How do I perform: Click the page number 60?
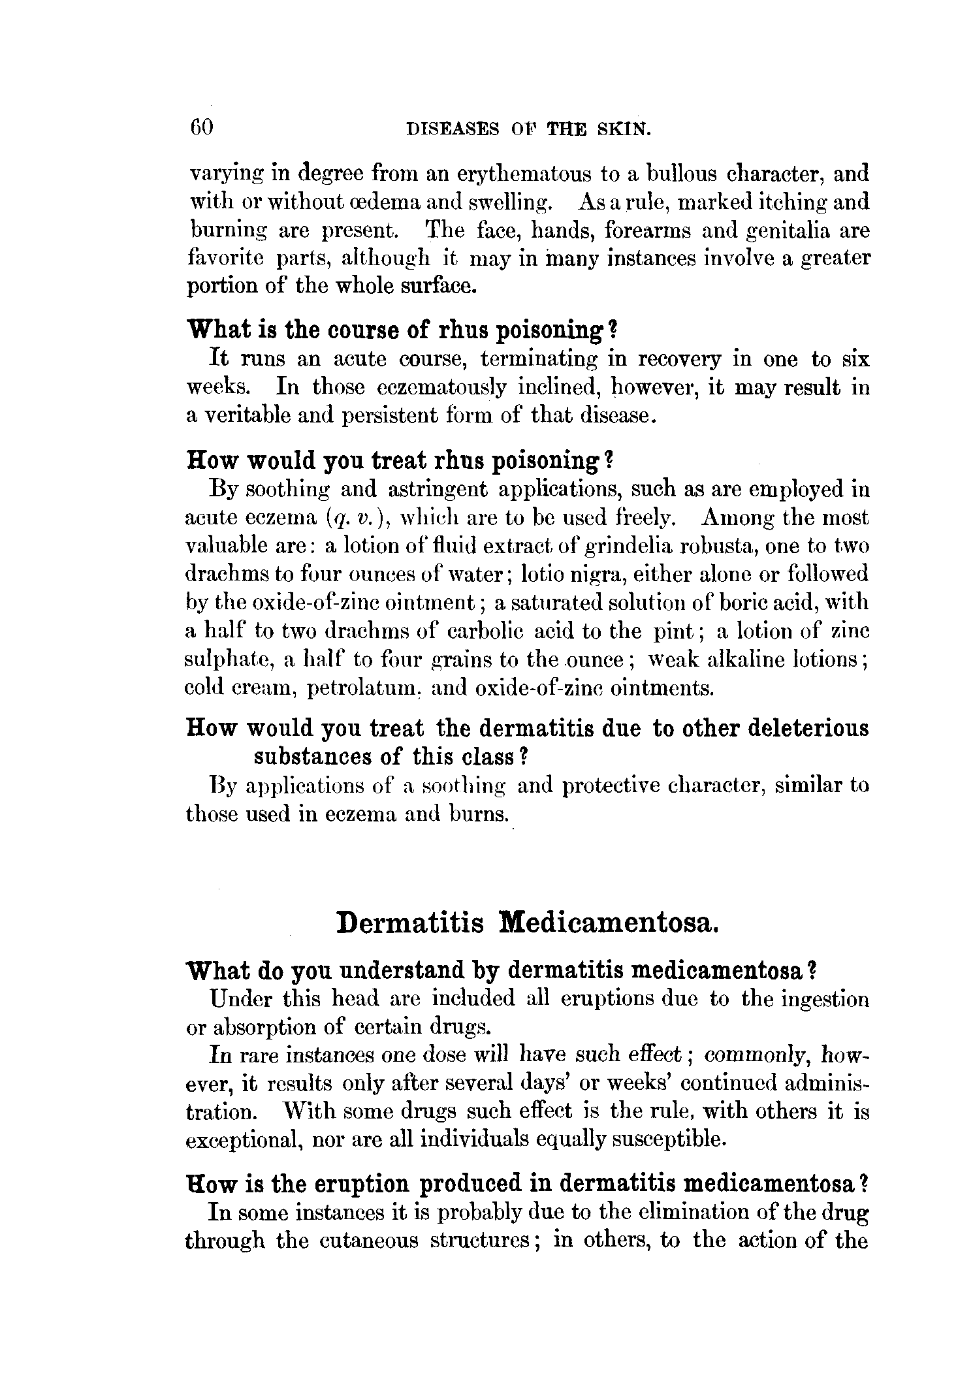201,127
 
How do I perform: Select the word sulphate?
229,660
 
